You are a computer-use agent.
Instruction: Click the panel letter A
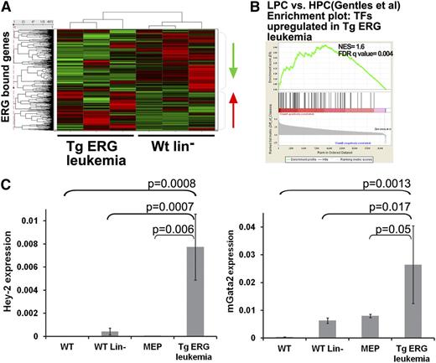7,8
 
